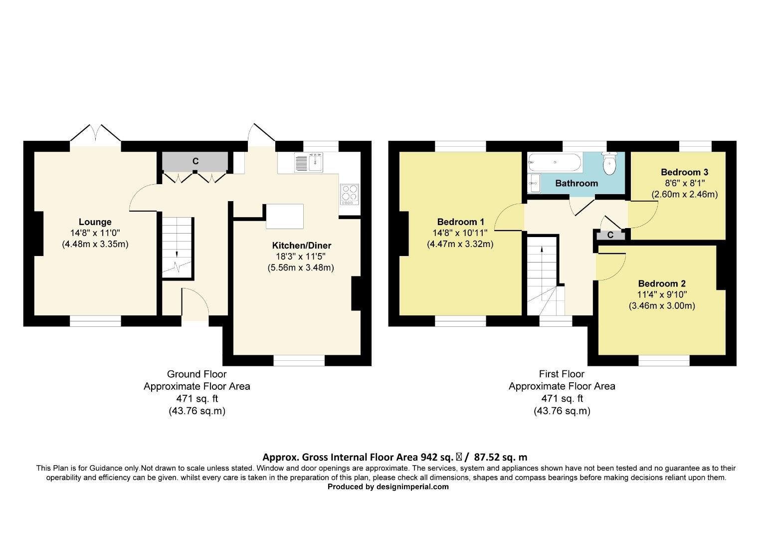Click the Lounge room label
tap(95, 222)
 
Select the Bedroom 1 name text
tap(460, 222)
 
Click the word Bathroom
tap(576, 183)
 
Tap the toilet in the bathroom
tap(609, 163)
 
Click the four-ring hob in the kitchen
tap(350, 195)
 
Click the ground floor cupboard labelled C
tap(195, 161)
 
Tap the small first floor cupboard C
tap(610, 235)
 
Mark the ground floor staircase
tap(178, 247)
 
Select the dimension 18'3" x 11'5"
tap(301, 257)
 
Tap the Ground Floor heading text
tap(196, 374)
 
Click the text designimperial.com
tap(412, 487)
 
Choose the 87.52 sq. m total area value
tap(500, 457)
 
